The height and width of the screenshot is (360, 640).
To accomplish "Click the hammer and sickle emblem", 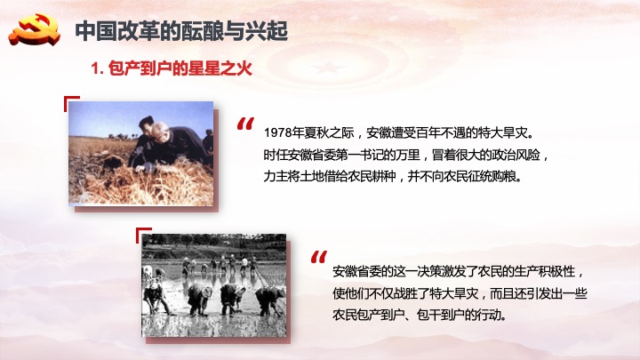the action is click(35, 29).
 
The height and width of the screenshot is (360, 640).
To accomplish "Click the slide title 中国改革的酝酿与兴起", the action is click(181, 31).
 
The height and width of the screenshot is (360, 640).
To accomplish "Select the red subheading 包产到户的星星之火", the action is click(180, 68).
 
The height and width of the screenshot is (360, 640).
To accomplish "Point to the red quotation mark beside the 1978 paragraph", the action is click(245, 124).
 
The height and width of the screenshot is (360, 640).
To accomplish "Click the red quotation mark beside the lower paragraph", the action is click(319, 257).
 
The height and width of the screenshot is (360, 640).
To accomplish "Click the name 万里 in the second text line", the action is click(408, 155).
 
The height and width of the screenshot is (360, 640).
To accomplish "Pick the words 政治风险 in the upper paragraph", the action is click(516, 155).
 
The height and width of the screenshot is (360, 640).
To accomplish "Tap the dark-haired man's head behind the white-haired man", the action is click(146, 124).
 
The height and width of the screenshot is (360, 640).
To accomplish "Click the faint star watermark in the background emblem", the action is click(325, 68).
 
